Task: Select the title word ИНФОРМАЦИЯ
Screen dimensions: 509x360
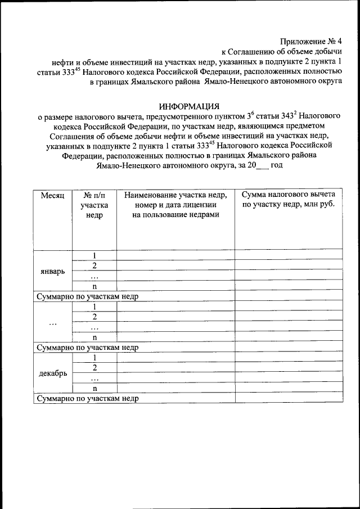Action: pos(189,106)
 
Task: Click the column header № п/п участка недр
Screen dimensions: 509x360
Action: pos(94,205)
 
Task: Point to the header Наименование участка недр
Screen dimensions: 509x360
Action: pos(175,195)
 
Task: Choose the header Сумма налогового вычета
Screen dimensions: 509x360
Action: pos(289,195)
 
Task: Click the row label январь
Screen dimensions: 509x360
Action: pos(52,271)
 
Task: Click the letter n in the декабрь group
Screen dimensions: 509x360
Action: pos(94,388)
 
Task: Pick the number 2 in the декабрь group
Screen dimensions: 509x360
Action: pos(94,368)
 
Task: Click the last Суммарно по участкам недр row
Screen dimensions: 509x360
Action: pos(87,398)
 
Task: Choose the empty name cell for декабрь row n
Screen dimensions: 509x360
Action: pos(175,388)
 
